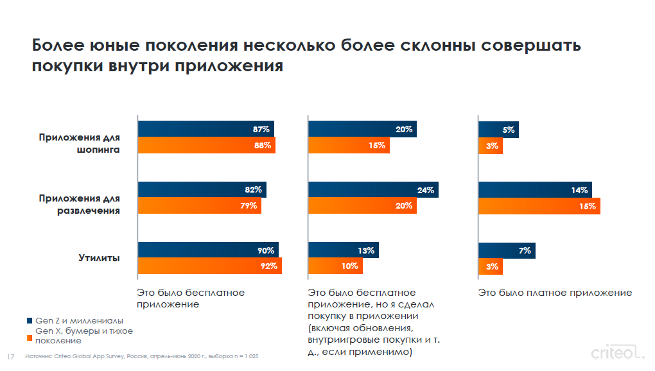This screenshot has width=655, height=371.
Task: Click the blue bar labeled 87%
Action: (205, 129)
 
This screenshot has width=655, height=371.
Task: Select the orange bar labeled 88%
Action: (206, 145)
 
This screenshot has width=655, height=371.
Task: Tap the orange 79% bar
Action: (199, 206)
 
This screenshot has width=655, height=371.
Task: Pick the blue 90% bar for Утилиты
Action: (208, 250)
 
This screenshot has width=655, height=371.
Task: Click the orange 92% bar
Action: (209, 266)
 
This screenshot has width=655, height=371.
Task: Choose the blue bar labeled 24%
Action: (373, 190)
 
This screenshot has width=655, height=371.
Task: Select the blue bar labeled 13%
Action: (343, 250)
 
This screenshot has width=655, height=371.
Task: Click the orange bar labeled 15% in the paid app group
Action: (539, 206)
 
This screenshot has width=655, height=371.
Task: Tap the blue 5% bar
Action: (498, 129)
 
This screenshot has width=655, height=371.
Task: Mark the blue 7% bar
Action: (507, 250)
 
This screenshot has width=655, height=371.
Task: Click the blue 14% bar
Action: (535, 190)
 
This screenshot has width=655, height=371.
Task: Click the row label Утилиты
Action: (99, 258)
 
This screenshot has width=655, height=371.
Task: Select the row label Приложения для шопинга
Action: (79, 143)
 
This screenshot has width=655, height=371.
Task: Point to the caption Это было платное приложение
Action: (555, 293)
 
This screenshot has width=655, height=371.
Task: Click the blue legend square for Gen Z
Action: (29, 320)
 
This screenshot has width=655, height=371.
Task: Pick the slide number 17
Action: (10, 356)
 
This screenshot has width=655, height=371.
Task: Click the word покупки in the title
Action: (69, 66)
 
